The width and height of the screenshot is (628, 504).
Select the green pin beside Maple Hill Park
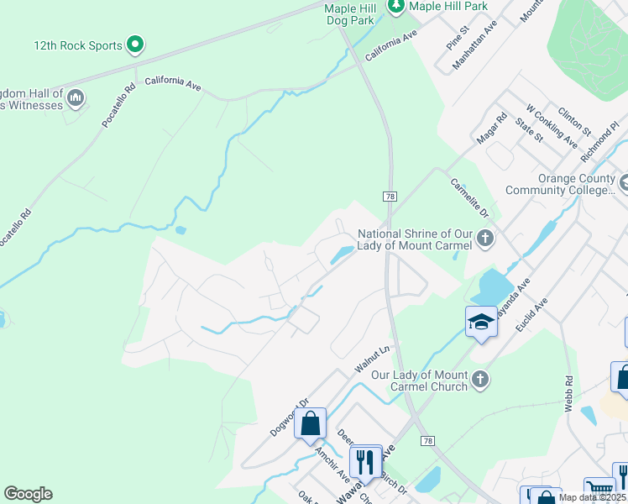(x=396, y=7)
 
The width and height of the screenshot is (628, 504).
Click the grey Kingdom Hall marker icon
(x=76, y=99)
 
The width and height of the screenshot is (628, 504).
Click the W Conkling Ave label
(x=552, y=128)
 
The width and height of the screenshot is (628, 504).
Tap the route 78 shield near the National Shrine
(x=389, y=196)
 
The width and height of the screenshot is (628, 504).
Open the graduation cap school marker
(x=482, y=322)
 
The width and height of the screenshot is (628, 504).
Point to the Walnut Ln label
(x=373, y=356)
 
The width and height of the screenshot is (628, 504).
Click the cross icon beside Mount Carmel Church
(x=479, y=380)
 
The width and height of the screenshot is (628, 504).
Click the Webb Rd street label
(x=570, y=391)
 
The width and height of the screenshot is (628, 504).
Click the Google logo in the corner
(x=28, y=494)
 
